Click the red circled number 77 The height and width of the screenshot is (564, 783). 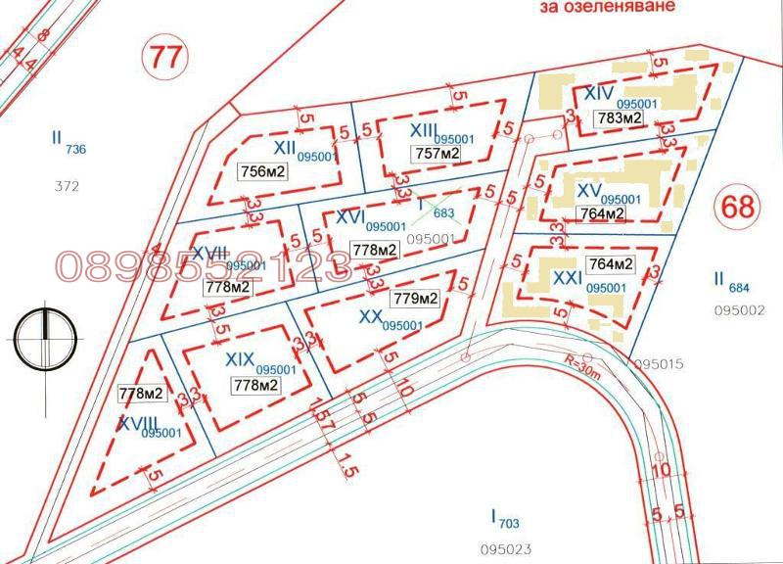click(163, 56)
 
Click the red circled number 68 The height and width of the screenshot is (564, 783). click(737, 207)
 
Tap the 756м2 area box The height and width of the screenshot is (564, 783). click(262, 171)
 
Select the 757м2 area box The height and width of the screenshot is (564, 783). click(438, 155)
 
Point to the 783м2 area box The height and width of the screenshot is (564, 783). click(620, 118)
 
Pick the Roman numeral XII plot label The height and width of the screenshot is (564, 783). click(285, 147)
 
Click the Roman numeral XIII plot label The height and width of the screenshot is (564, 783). click(423, 130)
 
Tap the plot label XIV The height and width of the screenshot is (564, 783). click(598, 93)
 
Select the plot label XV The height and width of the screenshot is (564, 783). click(588, 188)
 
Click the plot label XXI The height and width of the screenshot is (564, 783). click(568, 278)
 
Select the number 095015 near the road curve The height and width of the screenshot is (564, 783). click(660, 364)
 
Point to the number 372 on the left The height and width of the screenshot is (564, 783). click(67, 185)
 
